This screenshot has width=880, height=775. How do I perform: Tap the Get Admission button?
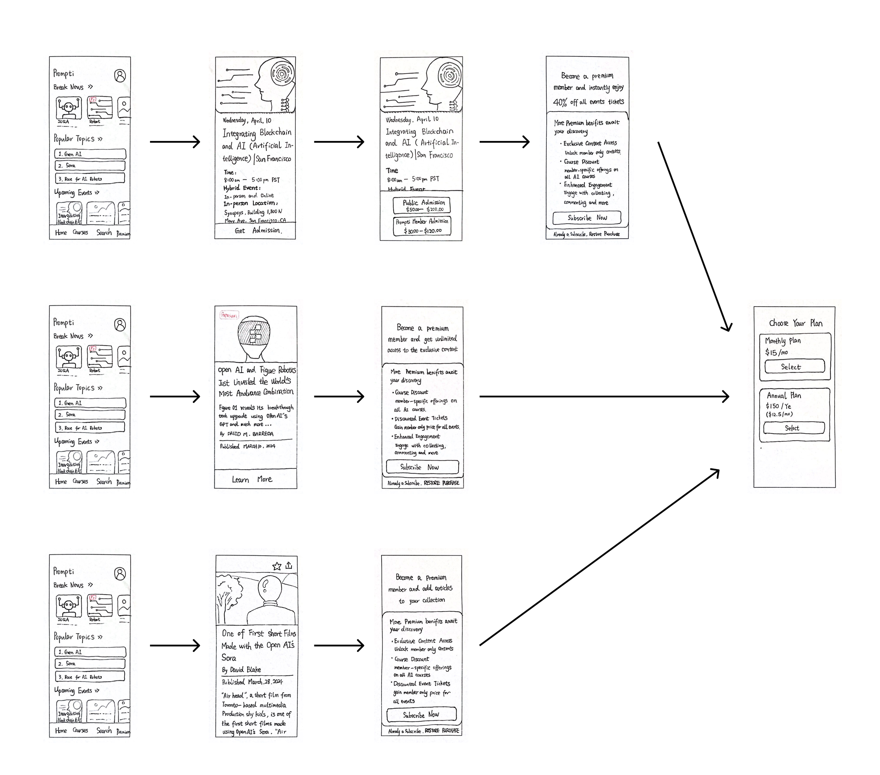click(x=257, y=231)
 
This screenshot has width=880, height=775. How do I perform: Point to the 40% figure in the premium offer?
click(x=560, y=102)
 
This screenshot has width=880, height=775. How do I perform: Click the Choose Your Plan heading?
click(x=796, y=323)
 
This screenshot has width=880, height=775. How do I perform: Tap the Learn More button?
click(x=252, y=479)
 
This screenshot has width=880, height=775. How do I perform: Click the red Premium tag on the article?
click(x=229, y=315)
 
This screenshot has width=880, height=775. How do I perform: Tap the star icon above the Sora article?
click(x=277, y=566)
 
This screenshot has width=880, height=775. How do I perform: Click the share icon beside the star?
click(x=289, y=565)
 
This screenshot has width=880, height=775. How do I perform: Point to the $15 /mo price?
click(x=776, y=352)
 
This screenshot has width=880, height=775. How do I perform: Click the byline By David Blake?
click(x=241, y=670)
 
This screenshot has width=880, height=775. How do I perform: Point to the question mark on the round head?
click(x=266, y=585)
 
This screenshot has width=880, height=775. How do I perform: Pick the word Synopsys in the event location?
click(x=234, y=212)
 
